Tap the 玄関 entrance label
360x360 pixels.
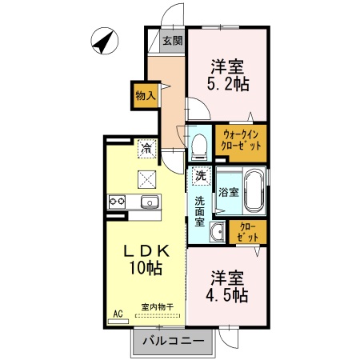[172, 41]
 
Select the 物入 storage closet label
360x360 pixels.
[145, 95]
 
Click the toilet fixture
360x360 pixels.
[200, 144]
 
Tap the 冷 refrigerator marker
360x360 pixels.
[146, 147]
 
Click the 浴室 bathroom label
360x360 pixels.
[230, 192]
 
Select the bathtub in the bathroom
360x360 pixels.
[254, 192]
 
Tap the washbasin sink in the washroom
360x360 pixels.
[217, 234]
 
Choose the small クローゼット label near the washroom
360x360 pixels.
[248, 233]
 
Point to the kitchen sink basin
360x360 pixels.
[149, 202]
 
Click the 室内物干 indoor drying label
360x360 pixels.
[158, 306]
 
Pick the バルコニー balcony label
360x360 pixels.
[174, 342]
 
